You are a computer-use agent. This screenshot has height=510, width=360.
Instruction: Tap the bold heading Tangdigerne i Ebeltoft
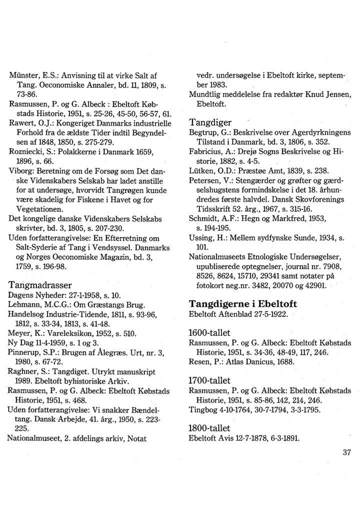[x=242, y=304]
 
